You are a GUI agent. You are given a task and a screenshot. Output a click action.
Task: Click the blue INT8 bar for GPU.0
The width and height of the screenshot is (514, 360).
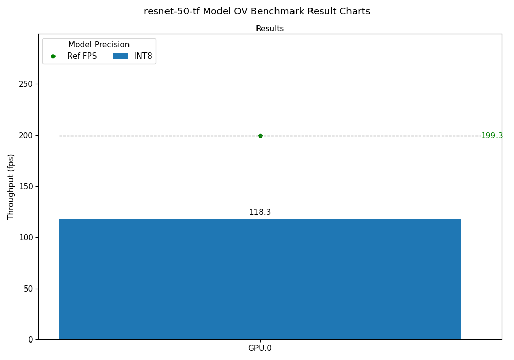click(x=260, y=279)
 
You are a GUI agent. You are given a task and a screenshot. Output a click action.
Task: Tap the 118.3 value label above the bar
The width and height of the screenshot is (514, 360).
click(x=260, y=212)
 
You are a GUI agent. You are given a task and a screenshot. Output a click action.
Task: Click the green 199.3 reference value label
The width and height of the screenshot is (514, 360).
click(x=491, y=136)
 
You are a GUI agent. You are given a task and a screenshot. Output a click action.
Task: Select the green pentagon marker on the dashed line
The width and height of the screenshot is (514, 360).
click(x=260, y=136)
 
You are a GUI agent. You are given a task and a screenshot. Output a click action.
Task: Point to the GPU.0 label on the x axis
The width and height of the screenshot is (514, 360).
click(x=260, y=348)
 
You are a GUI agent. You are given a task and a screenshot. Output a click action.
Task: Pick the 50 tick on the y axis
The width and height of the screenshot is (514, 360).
click(x=28, y=289)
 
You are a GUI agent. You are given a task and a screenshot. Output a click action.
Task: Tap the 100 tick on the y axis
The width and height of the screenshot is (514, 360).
click(x=26, y=237)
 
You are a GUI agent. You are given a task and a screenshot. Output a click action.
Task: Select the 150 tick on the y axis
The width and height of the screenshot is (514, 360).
click(x=26, y=186)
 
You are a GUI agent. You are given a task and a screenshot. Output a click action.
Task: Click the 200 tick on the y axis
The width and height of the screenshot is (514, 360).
click(x=26, y=135)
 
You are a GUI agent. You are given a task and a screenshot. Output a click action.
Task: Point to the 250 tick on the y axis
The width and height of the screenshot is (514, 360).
click(x=26, y=84)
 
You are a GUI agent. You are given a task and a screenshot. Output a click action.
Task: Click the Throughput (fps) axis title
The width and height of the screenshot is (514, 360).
click(x=11, y=187)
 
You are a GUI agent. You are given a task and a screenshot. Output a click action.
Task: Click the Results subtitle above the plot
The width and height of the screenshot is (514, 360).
click(x=270, y=29)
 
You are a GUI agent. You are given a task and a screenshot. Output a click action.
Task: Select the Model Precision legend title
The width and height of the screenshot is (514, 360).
click(x=99, y=45)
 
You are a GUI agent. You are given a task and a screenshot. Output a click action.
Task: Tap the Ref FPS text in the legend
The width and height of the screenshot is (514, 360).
click(x=82, y=56)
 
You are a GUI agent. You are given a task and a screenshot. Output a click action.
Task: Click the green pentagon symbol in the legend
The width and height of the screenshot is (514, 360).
click(x=53, y=56)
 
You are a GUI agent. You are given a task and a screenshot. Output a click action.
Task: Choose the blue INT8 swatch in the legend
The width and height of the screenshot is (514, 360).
click(x=120, y=56)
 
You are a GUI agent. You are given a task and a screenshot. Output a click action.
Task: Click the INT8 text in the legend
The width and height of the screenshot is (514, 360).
click(x=143, y=56)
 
